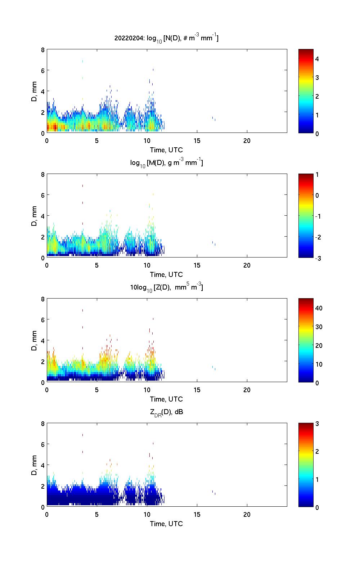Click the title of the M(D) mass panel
166,163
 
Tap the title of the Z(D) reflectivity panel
166,287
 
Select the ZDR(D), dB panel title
166,412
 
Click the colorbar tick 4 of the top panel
317,59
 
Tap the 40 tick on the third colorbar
319,308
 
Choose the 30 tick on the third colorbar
319,327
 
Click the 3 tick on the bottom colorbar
317,424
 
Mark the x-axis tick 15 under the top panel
197,140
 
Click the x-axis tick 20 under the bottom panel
247,514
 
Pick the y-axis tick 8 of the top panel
42,50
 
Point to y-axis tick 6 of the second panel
42,195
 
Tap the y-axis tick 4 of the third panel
42,340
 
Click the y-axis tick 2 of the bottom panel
42,486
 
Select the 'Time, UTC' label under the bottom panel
166,524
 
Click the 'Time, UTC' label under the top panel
166,150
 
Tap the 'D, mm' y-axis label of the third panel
34,340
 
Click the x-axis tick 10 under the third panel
147,390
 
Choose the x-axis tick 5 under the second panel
97,265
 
